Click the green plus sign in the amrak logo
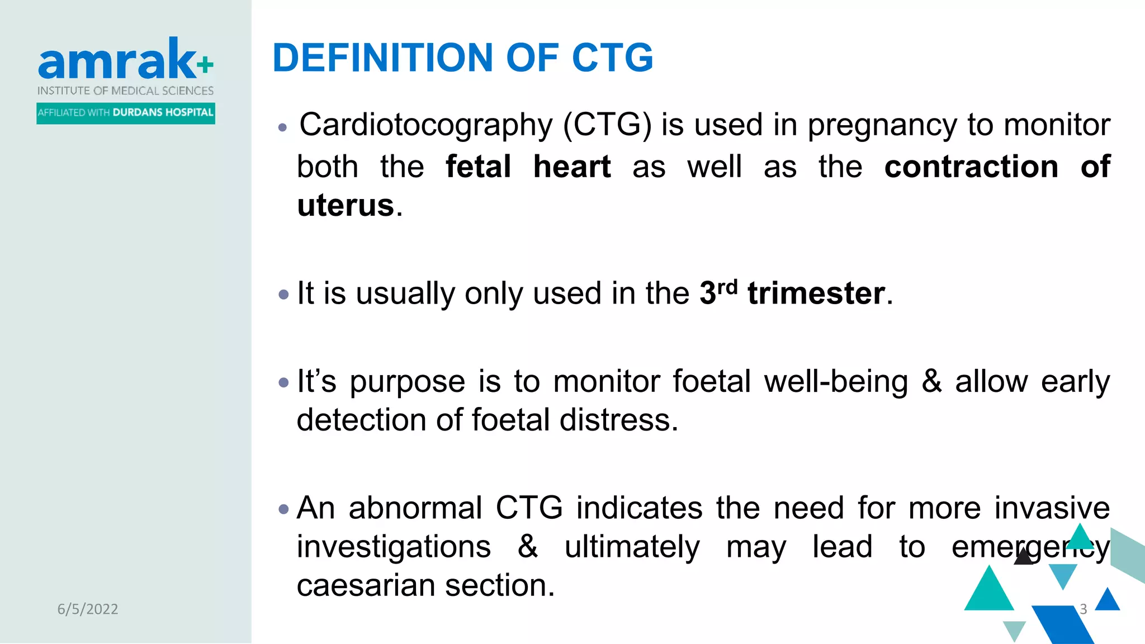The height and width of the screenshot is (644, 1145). click(x=205, y=65)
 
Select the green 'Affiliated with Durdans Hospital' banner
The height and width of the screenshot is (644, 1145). click(x=126, y=113)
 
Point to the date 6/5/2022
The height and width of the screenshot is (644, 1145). click(x=88, y=609)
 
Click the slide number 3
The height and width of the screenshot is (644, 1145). click(x=1083, y=609)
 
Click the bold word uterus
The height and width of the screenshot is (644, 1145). click(x=346, y=205)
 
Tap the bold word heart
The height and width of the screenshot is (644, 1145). click(x=571, y=167)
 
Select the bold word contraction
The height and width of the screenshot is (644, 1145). click(x=971, y=167)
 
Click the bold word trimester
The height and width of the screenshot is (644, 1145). click(x=816, y=293)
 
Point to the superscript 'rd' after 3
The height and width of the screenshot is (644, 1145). click(x=727, y=287)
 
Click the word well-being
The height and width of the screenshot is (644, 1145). click(x=836, y=382)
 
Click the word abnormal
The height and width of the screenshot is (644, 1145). click(x=415, y=508)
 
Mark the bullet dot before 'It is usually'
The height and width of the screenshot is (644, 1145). click(x=284, y=294)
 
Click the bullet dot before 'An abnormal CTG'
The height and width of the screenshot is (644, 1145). click(x=284, y=509)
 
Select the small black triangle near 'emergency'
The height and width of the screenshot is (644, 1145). click(x=1023, y=557)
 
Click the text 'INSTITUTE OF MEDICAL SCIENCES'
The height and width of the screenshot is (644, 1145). click(x=125, y=91)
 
